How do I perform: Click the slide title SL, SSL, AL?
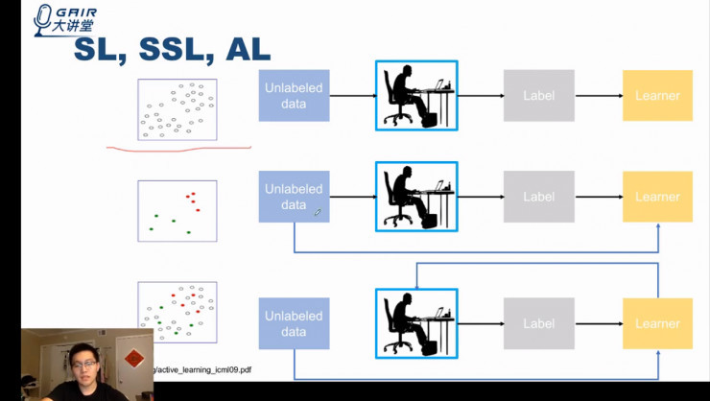[173, 50]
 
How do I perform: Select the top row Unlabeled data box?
[294, 95]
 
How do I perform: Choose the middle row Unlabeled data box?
[294, 197]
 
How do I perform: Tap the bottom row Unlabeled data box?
[294, 323]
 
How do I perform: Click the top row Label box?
[539, 95]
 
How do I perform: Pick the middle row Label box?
[539, 197]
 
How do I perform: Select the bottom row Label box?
[539, 323]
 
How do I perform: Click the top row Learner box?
[657, 95]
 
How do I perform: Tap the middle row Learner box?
[657, 197]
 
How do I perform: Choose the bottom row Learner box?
[657, 323]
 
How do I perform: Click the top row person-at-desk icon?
[416, 95]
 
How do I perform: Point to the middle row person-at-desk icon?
[416, 197]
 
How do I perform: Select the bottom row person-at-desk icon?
[416, 323]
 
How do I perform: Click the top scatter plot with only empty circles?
[177, 109]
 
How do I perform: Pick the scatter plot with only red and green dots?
[177, 210]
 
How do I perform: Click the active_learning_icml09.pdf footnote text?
[201, 369]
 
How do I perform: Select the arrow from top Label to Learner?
[599, 95]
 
